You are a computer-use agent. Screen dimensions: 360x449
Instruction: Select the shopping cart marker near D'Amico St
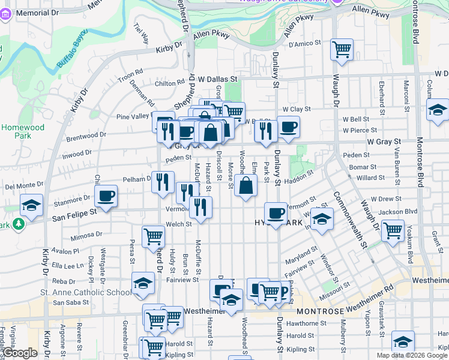(x=342, y=49)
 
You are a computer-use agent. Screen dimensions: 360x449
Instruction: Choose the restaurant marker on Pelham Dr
(x=163, y=182)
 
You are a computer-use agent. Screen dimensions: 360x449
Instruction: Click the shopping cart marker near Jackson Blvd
(x=393, y=230)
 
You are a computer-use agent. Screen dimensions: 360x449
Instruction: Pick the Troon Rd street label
(x=130, y=75)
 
